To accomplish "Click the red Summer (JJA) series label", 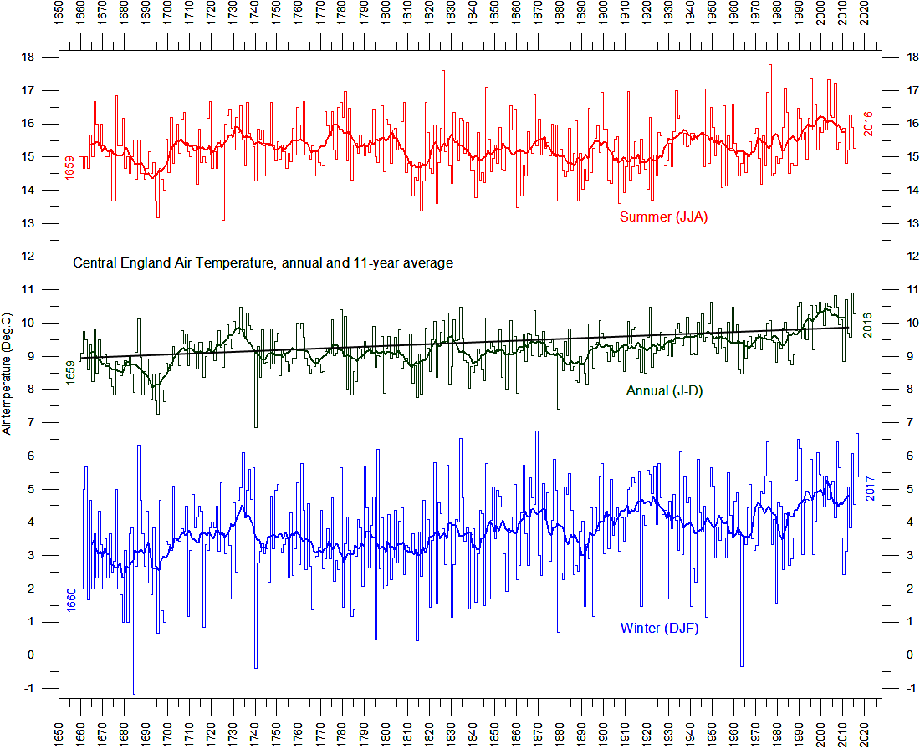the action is [663, 217].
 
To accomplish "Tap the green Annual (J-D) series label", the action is [664, 390].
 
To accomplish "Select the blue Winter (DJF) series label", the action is [660, 628].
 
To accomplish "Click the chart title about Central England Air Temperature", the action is [263, 262].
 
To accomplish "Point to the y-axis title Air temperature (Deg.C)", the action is [7, 374].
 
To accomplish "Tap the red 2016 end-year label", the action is [868, 124].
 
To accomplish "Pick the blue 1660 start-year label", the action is [71, 600].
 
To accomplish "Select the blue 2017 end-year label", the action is [870, 488].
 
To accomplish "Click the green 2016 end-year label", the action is [867, 325].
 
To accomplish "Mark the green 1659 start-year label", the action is [70, 373].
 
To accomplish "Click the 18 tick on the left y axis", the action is [28, 58].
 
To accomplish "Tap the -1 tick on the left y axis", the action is [29, 689].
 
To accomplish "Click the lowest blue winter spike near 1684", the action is [135, 694].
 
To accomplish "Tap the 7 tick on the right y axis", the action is [910, 422].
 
